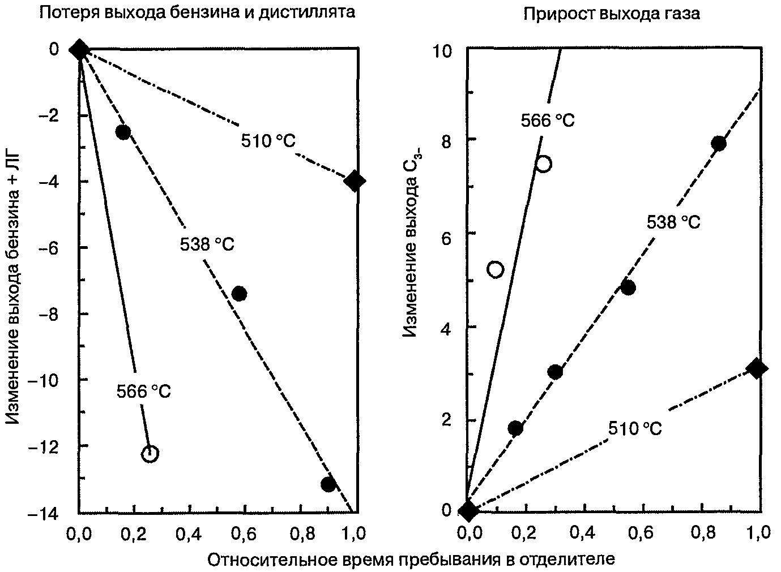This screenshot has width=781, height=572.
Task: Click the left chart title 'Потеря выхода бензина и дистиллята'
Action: [x=197, y=13]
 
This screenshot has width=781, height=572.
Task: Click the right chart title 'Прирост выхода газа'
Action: [x=612, y=14]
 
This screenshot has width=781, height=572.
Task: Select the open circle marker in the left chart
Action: [x=150, y=454]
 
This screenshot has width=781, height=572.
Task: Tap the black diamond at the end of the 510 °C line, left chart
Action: [x=355, y=181]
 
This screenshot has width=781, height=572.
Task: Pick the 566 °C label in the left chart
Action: [x=144, y=392]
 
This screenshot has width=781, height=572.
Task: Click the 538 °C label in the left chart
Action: [x=207, y=244]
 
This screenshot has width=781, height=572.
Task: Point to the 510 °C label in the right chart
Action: [x=635, y=428]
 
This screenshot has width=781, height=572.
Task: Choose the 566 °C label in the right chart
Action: [x=548, y=120]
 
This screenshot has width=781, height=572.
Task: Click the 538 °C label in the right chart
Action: [x=673, y=222]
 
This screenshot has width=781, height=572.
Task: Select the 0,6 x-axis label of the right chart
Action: [x=641, y=534]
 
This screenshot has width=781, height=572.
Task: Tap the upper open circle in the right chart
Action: [x=544, y=164]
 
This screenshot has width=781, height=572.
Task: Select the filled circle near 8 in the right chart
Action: [x=719, y=144]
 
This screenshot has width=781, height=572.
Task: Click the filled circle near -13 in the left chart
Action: [x=328, y=484]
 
